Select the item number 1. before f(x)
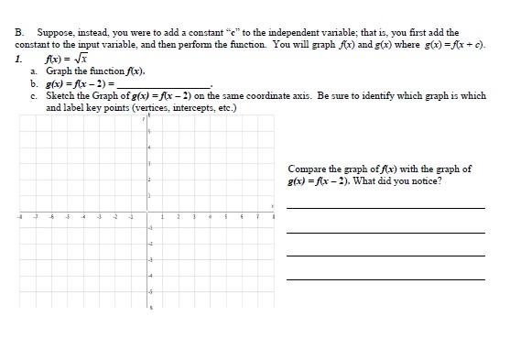(x=19, y=57)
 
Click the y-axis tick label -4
(x=149, y=274)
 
